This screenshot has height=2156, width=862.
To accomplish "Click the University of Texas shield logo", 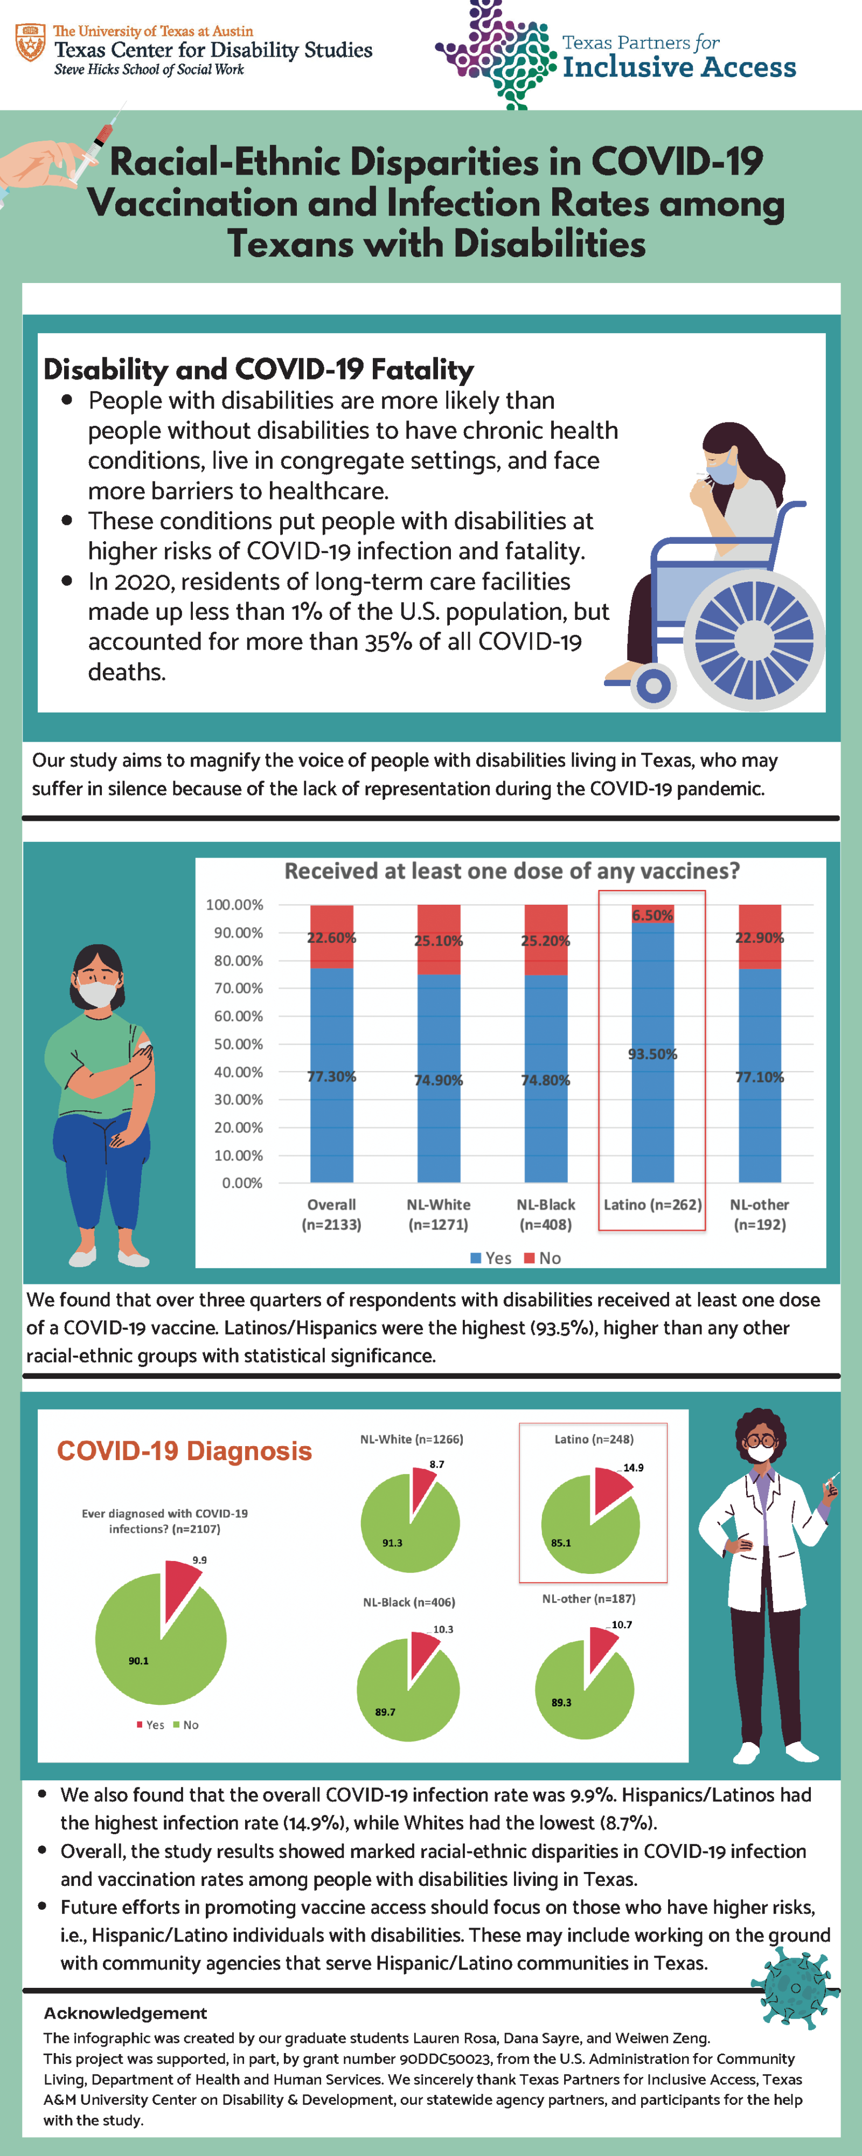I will click(x=31, y=43).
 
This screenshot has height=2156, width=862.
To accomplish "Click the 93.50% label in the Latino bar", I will click(x=652, y=1054).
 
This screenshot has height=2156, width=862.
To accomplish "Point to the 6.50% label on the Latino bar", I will click(x=652, y=915).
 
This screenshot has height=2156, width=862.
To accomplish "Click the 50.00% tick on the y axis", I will click(x=239, y=1044).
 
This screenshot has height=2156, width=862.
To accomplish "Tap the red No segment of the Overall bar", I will click(x=331, y=936).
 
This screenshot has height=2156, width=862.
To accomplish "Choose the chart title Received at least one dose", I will click(x=512, y=871).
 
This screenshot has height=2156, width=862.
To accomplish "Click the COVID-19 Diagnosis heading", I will click(x=184, y=1450).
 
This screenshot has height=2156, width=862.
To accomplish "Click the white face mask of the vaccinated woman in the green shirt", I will click(x=98, y=993).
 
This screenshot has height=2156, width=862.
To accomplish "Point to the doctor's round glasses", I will click(x=760, y=1440).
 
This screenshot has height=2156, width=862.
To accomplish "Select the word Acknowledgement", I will click(x=126, y=2013).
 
